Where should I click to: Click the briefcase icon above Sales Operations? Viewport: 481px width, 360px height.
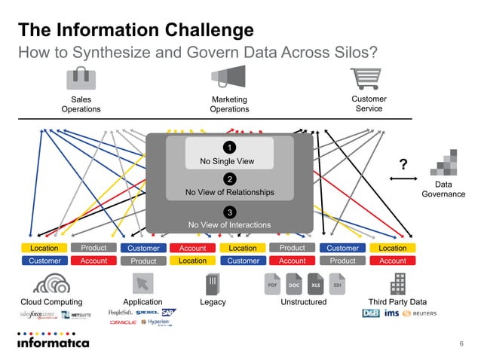click(x=81, y=78)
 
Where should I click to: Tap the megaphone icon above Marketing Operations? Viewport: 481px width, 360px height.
click(x=229, y=78)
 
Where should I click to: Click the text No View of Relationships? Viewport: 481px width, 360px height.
click(x=229, y=193)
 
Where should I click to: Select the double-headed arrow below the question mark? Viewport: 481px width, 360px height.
click(x=403, y=179)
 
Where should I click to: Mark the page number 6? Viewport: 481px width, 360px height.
click(x=461, y=343)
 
